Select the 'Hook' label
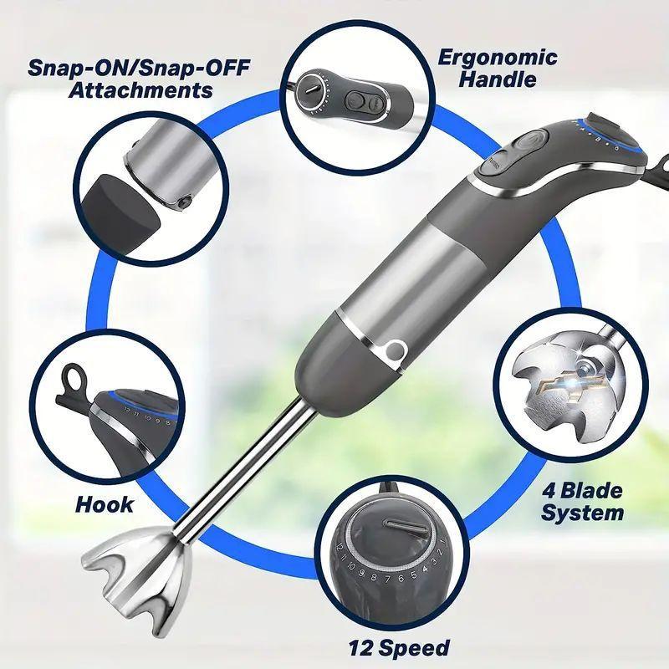105,504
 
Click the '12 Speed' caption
400,646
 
